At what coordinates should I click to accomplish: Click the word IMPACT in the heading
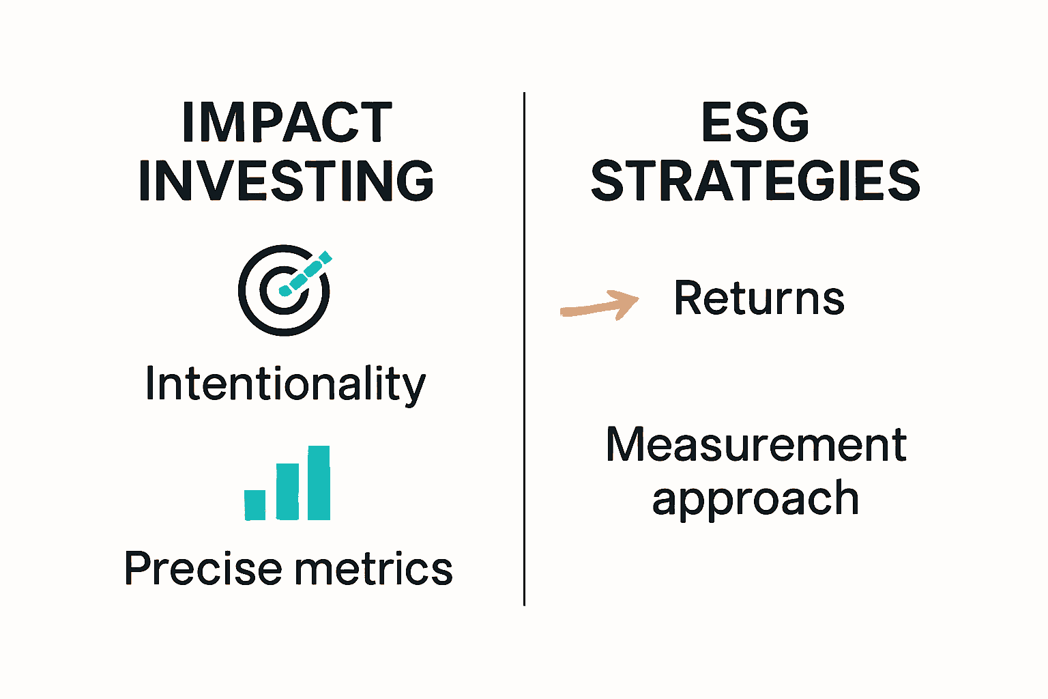coord(287,122)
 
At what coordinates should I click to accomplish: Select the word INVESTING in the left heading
coord(287,181)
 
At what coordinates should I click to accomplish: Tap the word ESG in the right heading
coord(755,122)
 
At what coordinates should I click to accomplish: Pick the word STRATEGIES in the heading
coord(755,181)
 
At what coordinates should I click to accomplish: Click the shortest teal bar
coord(255,505)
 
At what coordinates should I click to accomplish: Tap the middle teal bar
coord(287,491)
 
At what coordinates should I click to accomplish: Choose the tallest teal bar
coord(319,483)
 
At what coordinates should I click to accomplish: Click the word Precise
coord(203,568)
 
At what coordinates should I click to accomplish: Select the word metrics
coord(373,568)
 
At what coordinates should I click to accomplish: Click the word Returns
coord(759,298)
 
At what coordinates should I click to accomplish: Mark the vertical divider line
coord(525,349)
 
